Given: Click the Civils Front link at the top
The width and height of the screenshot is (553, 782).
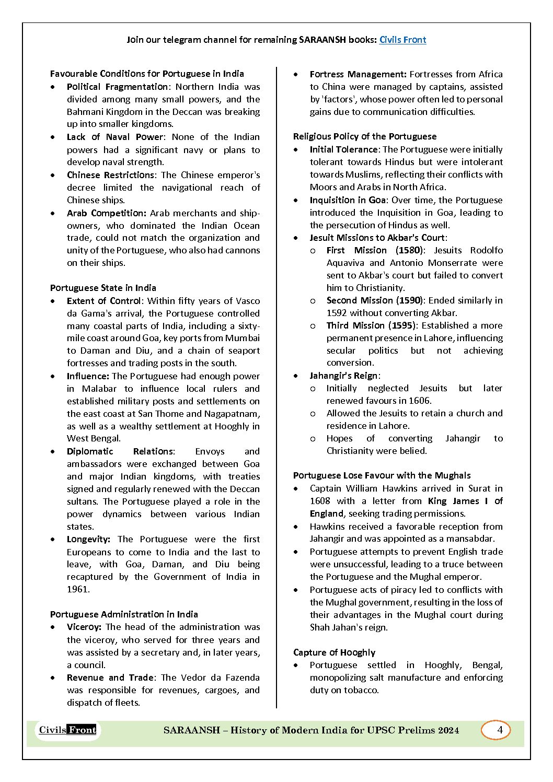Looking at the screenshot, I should tap(402, 40).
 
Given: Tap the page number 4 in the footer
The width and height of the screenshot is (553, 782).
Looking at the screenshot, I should tap(500, 730).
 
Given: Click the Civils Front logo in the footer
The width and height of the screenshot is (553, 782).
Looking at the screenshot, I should tap(67, 730).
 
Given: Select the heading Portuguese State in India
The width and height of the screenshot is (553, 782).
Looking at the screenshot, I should tap(103, 288).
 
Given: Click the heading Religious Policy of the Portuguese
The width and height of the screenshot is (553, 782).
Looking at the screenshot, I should tap(364, 136).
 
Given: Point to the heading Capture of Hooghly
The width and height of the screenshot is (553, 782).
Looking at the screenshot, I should tap(334, 652).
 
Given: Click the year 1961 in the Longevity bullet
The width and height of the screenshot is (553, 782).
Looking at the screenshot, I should tap(78, 589).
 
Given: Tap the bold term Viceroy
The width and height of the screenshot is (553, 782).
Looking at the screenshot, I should tap(84, 627).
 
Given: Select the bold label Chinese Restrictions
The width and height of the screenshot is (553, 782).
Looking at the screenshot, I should tap(110, 175).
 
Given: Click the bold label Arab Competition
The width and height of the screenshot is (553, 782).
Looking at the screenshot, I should tap(106, 213).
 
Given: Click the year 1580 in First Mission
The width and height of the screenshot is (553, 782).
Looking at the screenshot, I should tap(409, 250).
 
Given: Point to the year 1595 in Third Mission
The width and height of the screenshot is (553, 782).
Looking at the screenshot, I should tap(402, 325).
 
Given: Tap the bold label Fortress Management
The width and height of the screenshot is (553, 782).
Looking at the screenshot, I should tap(358, 74).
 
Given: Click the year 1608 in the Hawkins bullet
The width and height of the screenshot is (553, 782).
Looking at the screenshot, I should tap(319, 501).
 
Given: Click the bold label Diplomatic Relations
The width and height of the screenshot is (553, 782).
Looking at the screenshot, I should tap(121, 451).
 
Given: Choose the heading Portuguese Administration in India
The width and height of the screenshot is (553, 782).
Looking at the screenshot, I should tap(124, 614).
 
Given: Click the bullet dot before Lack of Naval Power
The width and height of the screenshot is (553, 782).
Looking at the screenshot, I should tap(53, 137).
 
